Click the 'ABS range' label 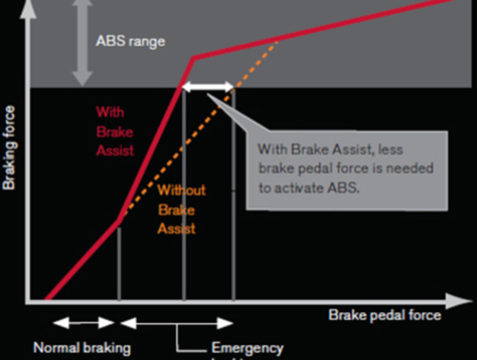[x=130, y=41]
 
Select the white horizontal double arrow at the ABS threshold [x=208, y=88]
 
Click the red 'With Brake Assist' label [x=115, y=131]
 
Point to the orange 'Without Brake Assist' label [x=181, y=210]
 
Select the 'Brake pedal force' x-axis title [x=385, y=315]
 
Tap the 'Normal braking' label [x=82, y=348]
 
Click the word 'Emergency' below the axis [x=247, y=348]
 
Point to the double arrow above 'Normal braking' [x=84, y=323]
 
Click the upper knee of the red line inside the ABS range [x=193, y=59]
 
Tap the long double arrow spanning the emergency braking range [x=177, y=324]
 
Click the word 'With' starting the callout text [x=272, y=148]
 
